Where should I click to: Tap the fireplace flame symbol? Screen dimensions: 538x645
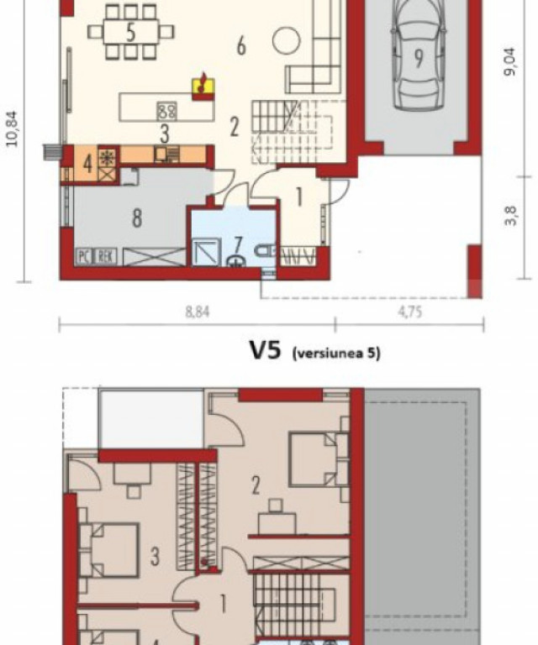203,85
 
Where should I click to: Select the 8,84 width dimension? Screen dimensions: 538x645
198,312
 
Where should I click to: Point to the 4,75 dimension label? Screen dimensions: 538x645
410,312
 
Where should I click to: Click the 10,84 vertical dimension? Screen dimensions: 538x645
12,128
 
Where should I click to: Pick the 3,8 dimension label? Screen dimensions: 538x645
510,216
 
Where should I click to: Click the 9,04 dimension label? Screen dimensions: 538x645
509,61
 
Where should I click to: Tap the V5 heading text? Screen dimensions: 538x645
266,350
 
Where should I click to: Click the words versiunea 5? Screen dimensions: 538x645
336,353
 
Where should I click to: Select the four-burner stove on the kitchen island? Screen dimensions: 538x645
166,111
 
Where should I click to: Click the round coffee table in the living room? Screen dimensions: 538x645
286,40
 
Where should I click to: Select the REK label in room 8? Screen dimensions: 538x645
106,257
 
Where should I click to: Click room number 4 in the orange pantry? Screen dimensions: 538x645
87,164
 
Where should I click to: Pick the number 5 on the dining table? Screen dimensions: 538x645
130,33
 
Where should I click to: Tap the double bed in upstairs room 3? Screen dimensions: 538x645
108,550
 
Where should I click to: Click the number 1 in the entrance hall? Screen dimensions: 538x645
299,197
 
